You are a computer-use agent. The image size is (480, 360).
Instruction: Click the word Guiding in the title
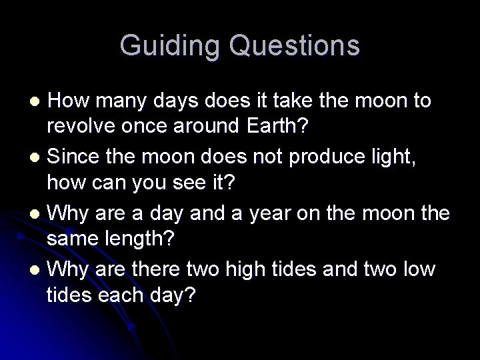tap(170, 46)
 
